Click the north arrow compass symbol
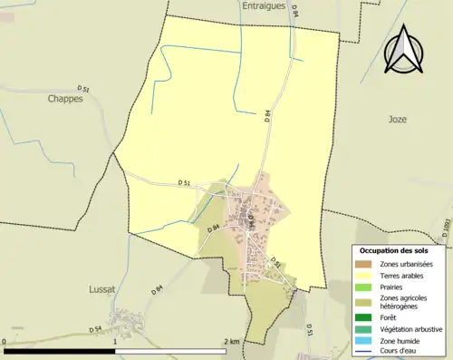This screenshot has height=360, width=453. (403, 51)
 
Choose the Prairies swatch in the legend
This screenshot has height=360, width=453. (365, 285)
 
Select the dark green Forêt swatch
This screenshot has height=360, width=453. (365, 317)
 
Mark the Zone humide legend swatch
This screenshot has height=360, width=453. (365, 339)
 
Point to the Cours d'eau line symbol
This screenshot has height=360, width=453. (365, 350)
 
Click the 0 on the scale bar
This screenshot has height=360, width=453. (5, 341)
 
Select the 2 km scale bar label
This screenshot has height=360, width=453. (231, 341)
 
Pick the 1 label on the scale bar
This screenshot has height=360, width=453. (116, 341)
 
